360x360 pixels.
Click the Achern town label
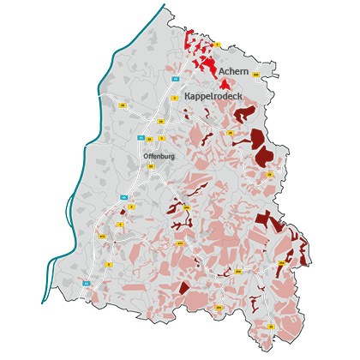232,71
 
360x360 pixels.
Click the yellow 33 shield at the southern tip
271,327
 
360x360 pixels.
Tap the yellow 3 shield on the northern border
218,45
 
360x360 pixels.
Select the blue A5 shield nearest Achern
176,79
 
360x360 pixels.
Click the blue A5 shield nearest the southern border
86,282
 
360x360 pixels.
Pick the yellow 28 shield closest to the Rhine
123,105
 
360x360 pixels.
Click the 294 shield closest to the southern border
218,305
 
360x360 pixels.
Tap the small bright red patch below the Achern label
225,84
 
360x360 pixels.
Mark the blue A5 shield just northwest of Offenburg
142,135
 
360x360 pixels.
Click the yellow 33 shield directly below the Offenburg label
151,166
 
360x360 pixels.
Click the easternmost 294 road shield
279,261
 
